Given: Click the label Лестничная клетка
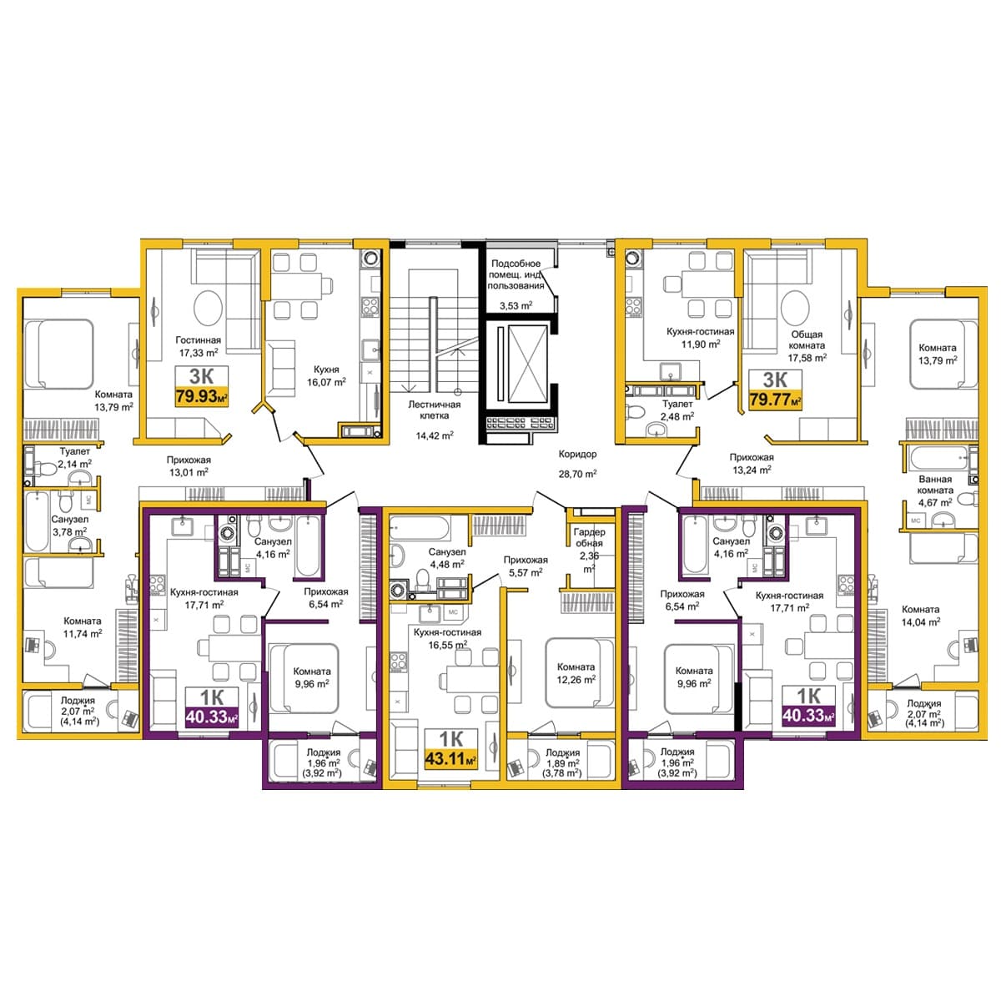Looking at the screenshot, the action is click(435, 410).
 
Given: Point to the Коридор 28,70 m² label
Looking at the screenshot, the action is click(577, 463).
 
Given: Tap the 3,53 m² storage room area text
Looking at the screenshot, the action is click(516, 305).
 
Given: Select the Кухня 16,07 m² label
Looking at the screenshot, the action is click(326, 375).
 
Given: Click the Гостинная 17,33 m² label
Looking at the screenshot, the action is click(198, 346).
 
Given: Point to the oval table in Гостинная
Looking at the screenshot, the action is click(208, 308).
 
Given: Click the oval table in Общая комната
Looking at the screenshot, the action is click(795, 308).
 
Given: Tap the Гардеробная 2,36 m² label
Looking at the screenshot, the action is click(589, 550).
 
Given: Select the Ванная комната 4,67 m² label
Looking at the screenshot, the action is click(935, 490).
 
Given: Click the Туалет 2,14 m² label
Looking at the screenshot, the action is click(75, 458).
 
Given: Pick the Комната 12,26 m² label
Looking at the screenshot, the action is click(576, 672).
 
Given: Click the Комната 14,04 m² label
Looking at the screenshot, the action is click(920, 615).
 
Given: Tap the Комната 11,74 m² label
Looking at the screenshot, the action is click(83, 627).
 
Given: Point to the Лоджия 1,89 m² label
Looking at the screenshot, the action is click(562, 762).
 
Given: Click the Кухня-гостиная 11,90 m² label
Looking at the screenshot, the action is click(700, 337).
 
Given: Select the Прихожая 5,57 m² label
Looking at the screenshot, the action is click(526, 566).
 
